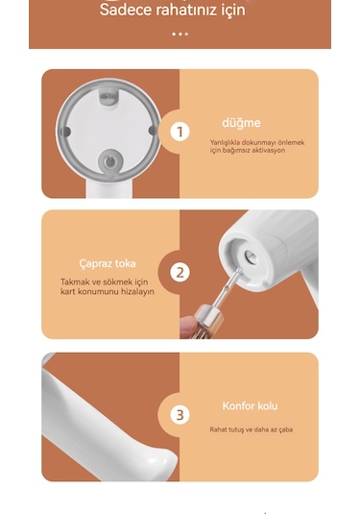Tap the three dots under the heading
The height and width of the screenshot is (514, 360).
point(180,34)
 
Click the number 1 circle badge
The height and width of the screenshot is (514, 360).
point(180,132)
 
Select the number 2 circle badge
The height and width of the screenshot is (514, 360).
point(180,273)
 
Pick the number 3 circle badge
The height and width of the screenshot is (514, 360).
point(180,415)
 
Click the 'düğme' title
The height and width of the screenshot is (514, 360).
point(241,123)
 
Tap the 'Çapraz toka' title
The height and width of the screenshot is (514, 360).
point(108,263)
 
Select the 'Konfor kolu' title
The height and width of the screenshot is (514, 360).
point(250,406)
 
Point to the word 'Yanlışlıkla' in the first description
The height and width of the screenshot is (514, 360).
point(228,142)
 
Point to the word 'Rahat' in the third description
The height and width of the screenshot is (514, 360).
point(220,429)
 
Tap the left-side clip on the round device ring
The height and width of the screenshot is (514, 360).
point(65,132)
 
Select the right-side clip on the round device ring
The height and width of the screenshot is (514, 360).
point(153,132)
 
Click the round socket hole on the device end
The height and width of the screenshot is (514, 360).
point(250,257)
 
